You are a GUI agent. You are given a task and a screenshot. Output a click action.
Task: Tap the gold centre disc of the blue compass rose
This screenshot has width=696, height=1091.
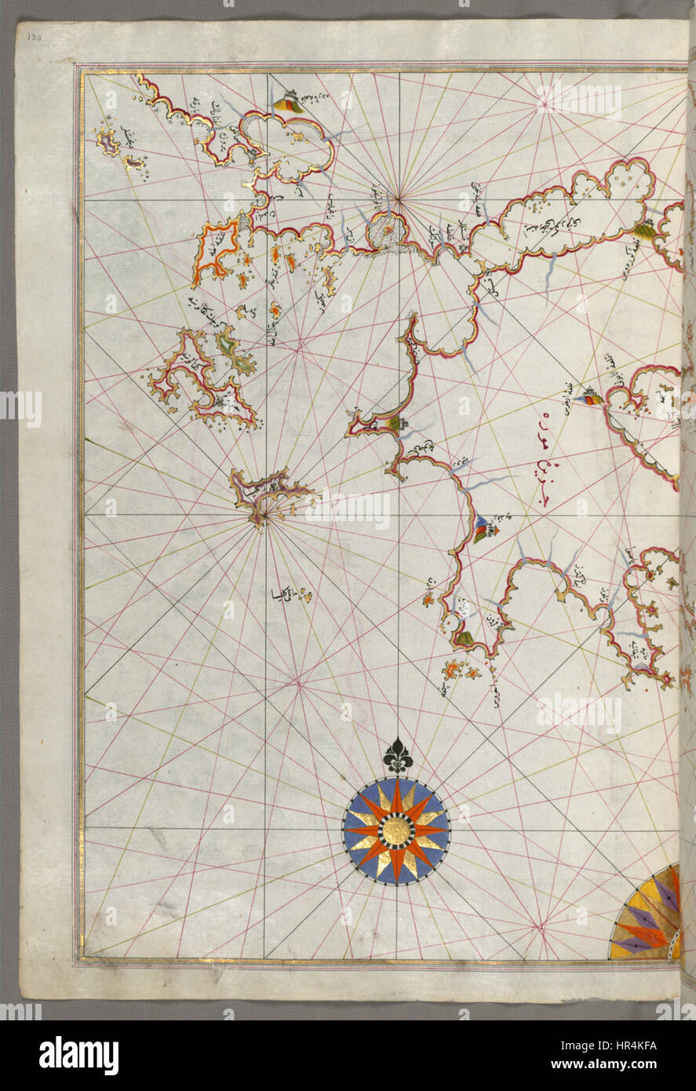pos(396,831)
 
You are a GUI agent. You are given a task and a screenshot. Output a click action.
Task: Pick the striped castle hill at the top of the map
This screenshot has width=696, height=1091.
pos(290,104)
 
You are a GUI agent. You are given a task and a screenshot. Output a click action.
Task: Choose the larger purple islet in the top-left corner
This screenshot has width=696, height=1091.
pos(107,141)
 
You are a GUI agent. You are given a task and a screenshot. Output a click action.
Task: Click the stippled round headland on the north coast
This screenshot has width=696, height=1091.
pos(386,230)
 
